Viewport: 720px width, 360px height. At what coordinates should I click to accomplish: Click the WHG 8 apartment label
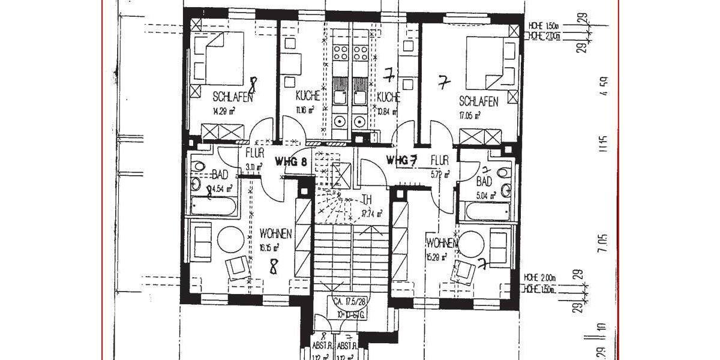[x=291, y=161]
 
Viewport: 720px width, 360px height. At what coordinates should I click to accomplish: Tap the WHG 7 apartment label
[x=401, y=160]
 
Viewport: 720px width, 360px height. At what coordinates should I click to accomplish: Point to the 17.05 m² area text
[x=469, y=117]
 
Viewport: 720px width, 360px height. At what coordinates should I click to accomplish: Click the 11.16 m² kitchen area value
[x=305, y=110]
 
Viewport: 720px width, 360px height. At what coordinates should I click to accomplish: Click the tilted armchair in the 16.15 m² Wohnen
[x=237, y=266]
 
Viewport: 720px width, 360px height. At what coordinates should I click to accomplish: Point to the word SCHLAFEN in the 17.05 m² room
[x=478, y=102]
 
